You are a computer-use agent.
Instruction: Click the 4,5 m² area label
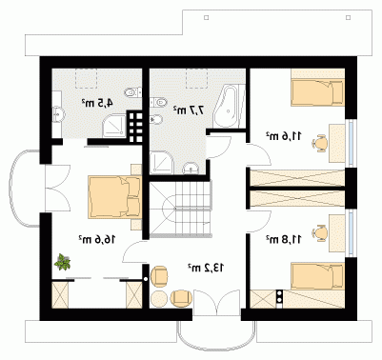pyautogui.click(x=97, y=103)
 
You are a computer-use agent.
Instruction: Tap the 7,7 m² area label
pyautogui.click(x=189, y=110)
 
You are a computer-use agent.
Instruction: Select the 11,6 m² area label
pyautogui.click(x=284, y=136)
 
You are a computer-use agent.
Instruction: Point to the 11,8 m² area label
pyautogui.click(x=284, y=240)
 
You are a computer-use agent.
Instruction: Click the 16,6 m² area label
pyautogui.click(x=97, y=239)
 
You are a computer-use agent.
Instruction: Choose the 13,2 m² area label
pyautogui.click(x=206, y=268)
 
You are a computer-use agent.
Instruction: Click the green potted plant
pyautogui.click(x=63, y=262)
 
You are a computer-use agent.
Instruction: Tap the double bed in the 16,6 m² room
pyautogui.click(x=114, y=196)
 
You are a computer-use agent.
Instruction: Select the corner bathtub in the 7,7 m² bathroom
pyautogui.click(x=229, y=106)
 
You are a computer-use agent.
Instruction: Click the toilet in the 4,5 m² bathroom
pyautogui.click(x=132, y=92)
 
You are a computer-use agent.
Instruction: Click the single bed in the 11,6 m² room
pyautogui.click(x=318, y=92)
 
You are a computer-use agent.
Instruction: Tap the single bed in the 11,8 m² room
pyautogui.click(x=318, y=276)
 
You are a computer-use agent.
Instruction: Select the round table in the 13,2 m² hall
pyautogui.click(x=159, y=299)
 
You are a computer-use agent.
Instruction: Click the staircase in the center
pyautogui.click(x=180, y=209)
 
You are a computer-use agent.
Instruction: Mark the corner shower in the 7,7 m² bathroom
pyautogui.click(x=162, y=163)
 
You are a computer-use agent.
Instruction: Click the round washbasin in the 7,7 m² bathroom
pyautogui.click(x=191, y=169)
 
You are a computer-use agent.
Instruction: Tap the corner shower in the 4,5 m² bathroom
pyautogui.click(x=114, y=127)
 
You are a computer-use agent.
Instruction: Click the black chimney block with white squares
pyautogui.click(x=135, y=127)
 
